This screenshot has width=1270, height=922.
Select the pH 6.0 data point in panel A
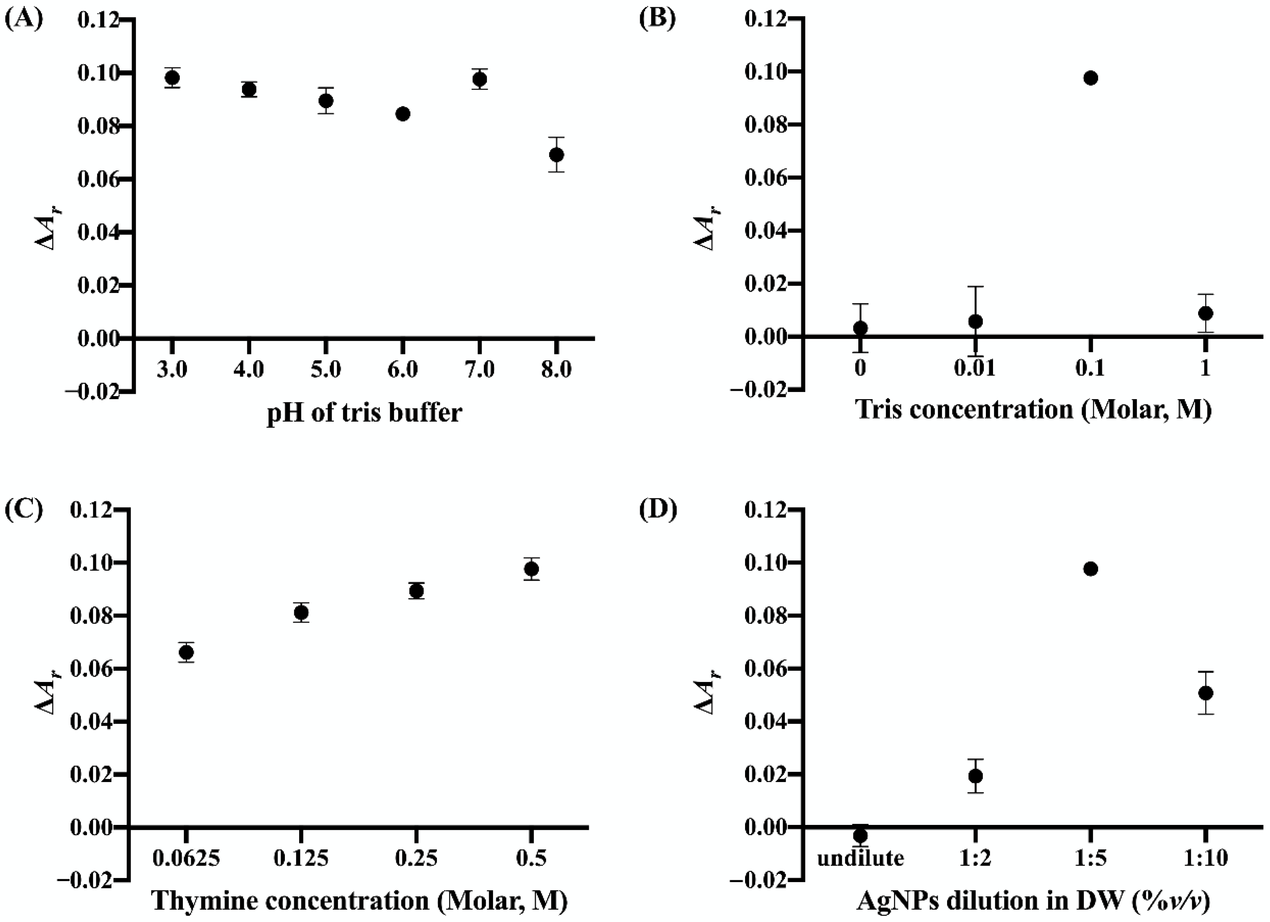pyautogui.click(x=403, y=114)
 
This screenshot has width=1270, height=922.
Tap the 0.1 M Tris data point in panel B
pyautogui.click(x=1090, y=78)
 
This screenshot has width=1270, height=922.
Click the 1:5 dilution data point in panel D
pyautogui.click(x=1090, y=569)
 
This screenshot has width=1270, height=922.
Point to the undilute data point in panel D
pyautogui.click(x=860, y=835)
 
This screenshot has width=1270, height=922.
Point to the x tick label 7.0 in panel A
pyautogui.click(x=479, y=370)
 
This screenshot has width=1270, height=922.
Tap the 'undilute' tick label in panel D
pyautogui.click(x=860, y=858)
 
